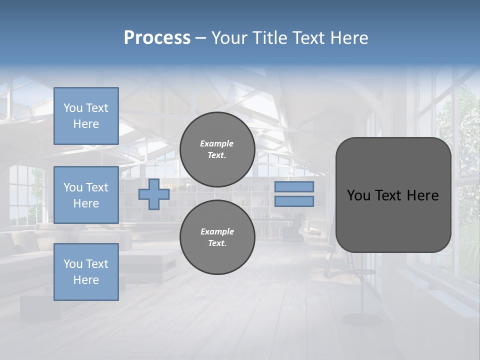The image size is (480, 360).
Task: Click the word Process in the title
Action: pos(157,38)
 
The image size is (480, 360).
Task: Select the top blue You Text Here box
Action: pos(86,116)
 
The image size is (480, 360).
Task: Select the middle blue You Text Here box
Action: pos(86,195)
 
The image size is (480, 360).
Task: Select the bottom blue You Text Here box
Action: pos(86,272)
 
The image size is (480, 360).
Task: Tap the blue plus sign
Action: pos(154,194)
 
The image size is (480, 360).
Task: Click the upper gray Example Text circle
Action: pos(217,149)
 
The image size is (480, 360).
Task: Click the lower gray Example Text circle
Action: pos(217,237)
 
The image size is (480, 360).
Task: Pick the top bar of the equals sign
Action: pos(294,187)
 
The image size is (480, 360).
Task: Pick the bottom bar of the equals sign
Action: pos(294,201)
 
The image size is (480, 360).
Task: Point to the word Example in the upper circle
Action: pos(216,143)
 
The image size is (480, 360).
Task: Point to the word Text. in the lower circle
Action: pos(217,243)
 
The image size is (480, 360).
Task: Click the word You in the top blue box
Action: pos(73,108)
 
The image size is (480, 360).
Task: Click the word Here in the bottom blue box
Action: pos(86,280)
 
